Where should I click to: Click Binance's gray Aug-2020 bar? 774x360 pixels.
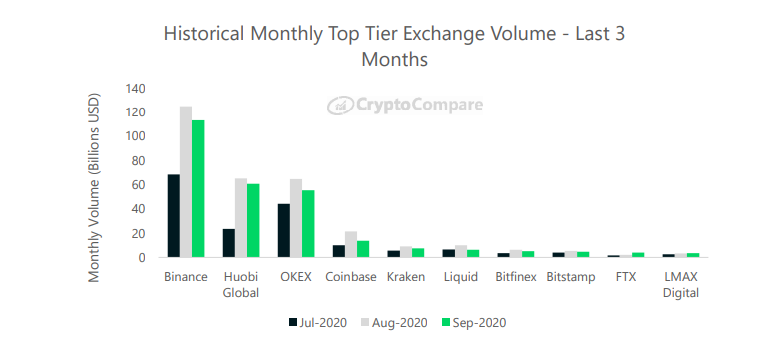[186, 182]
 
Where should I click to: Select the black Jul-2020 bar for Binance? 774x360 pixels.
[174, 216]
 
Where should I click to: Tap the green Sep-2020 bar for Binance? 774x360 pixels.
[198, 189]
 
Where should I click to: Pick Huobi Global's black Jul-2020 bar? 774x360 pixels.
[229, 243]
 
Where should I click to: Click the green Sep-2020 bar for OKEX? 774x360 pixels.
[309, 224]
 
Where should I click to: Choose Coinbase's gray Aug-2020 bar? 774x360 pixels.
[351, 244]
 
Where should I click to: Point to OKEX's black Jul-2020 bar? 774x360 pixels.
[284, 231]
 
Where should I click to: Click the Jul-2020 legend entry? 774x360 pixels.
[318, 323]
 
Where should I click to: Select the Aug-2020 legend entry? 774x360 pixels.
[393, 323]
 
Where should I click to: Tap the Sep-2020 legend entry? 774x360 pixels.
[473, 323]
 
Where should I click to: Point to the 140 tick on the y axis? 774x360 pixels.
[135, 89]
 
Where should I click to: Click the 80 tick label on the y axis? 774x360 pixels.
[138, 161]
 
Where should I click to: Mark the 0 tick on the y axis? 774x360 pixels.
[142, 258]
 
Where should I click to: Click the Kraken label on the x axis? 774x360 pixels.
[405, 277]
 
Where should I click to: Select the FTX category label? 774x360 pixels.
[625, 277]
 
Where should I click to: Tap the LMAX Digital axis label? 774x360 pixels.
[681, 285]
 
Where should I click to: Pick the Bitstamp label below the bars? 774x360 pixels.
[571, 277]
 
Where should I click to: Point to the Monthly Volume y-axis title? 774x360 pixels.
[94, 187]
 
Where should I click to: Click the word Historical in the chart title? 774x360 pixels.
[204, 34]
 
